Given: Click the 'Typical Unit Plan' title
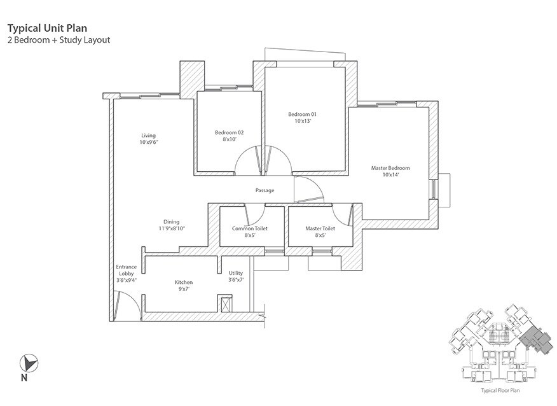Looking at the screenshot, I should [x=46, y=28].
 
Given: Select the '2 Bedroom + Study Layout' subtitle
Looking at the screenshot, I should [x=58, y=39].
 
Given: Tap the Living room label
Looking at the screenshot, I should [x=148, y=136].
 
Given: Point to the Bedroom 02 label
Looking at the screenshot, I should [x=229, y=132].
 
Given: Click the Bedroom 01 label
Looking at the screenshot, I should [x=302, y=115].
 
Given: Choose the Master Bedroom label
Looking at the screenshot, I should [x=390, y=168].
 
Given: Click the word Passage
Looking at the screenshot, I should [x=265, y=190].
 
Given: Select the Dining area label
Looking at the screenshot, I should [x=170, y=221].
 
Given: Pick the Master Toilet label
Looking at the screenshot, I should [x=320, y=228].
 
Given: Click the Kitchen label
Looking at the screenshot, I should [x=184, y=282].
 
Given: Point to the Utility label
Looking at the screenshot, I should [x=236, y=273].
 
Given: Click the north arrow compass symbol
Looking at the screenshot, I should [x=27, y=363].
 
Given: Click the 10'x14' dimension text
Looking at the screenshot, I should [x=390, y=175].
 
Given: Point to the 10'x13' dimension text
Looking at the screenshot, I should [x=302, y=121].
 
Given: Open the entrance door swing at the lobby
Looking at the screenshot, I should [x=125, y=304].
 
